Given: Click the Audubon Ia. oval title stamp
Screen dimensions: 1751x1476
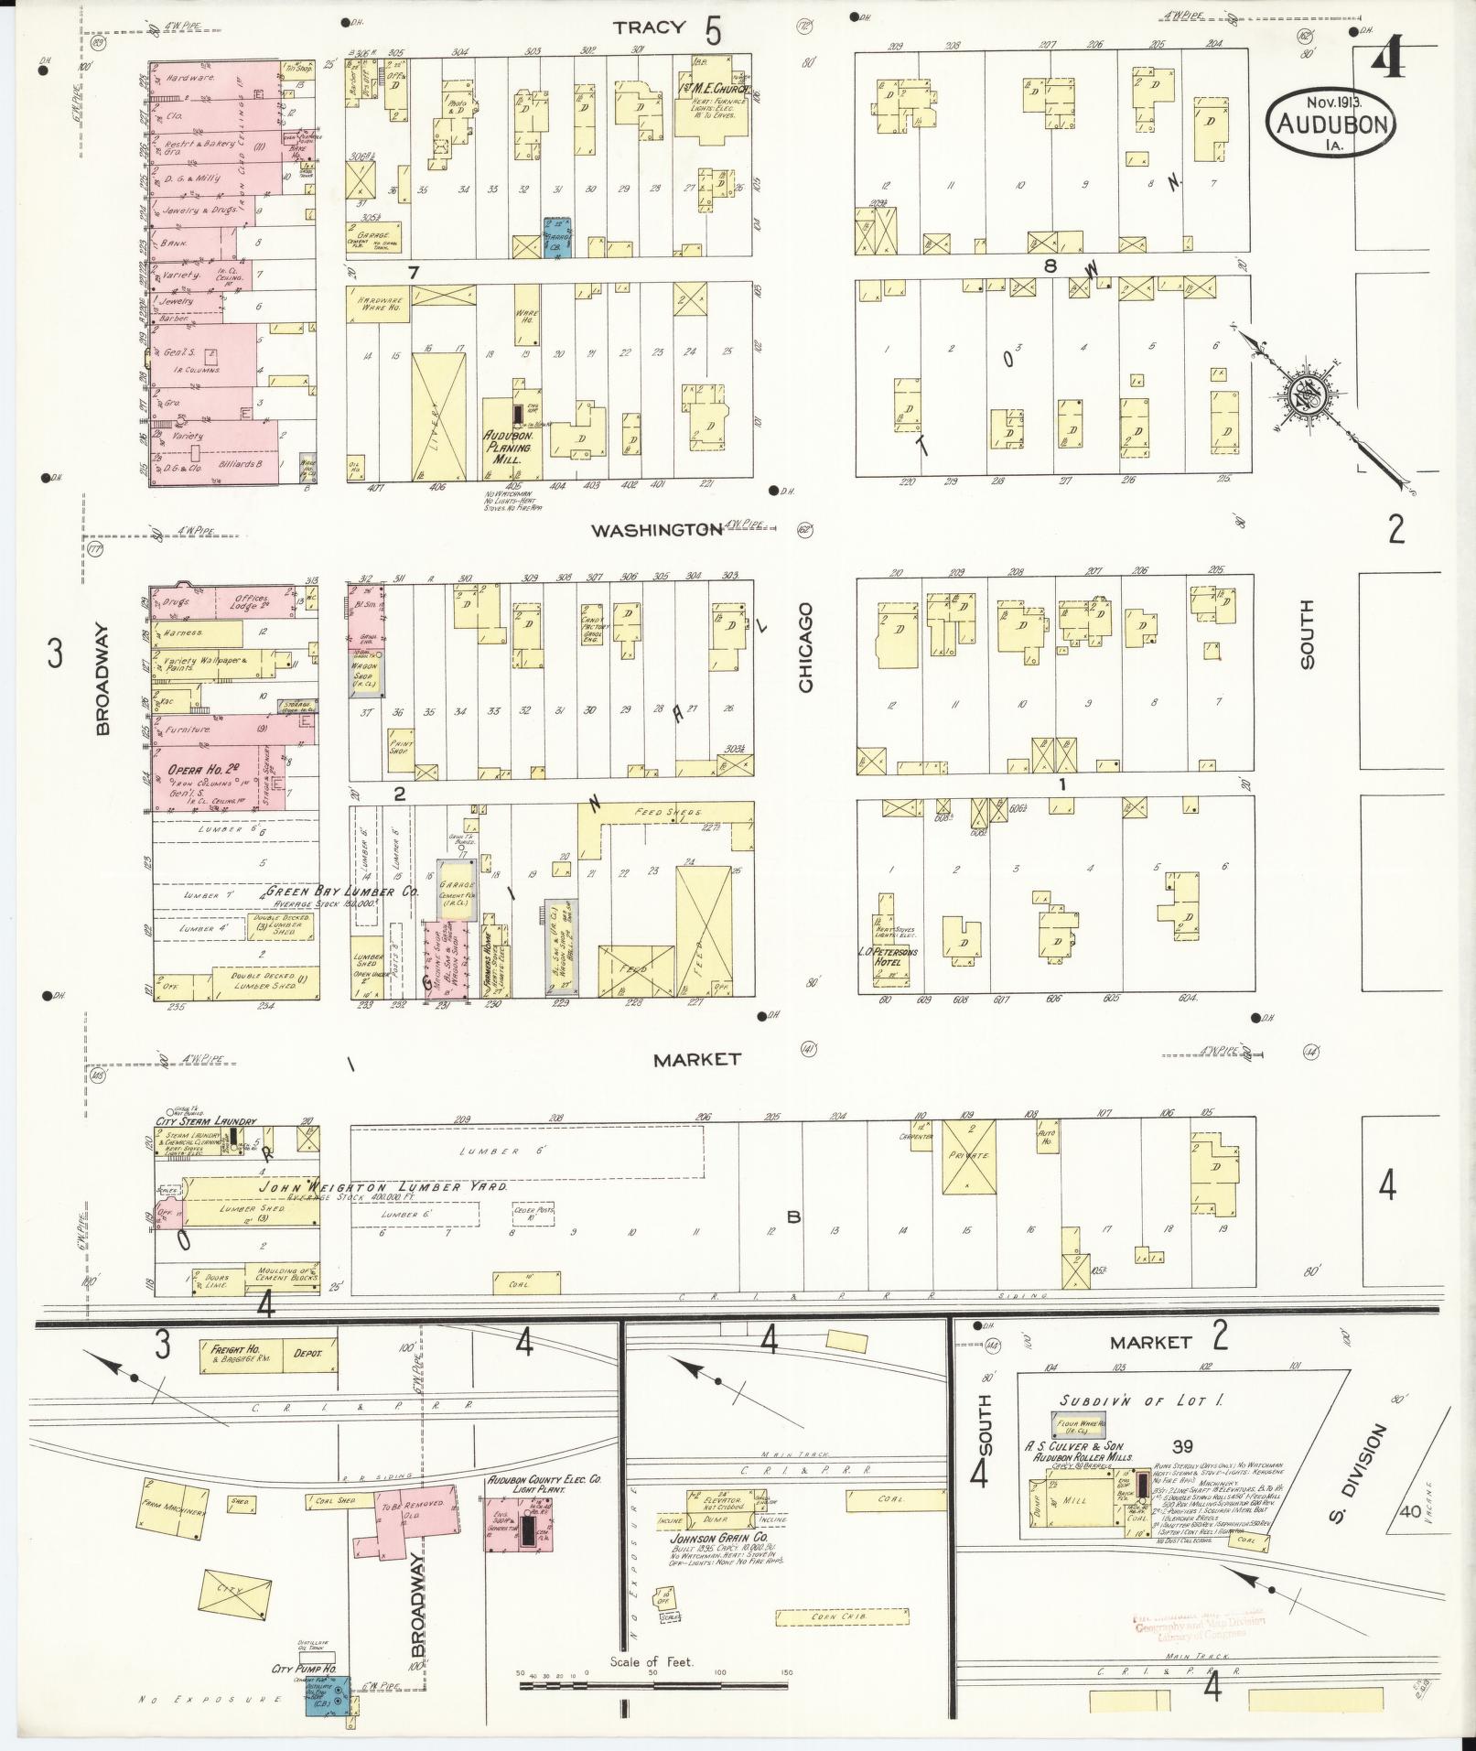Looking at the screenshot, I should point(1331,120).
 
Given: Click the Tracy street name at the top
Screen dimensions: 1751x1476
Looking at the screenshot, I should point(649,27).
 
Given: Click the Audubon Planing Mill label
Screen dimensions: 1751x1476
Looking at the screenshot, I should point(513,442).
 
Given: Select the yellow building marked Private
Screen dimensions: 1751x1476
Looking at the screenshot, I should point(970,1156).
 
